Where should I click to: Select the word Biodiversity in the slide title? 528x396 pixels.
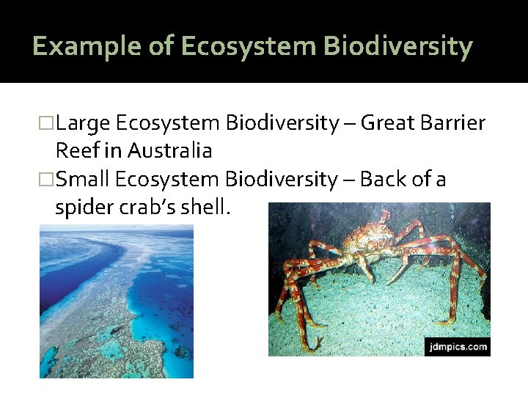(399, 46)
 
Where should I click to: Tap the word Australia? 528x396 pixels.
(169, 151)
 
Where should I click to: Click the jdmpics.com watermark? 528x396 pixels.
(455, 346)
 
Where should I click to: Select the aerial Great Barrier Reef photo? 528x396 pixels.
(116, 301)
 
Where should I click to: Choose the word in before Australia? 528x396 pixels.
(114, 151)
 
